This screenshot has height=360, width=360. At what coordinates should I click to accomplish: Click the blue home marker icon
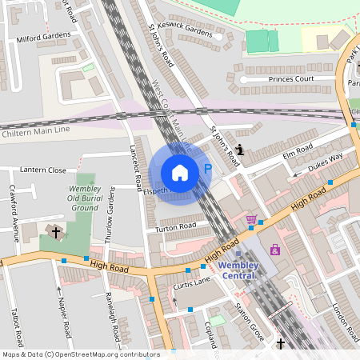point(180,172)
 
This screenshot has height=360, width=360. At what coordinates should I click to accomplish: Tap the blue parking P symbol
point(208,169)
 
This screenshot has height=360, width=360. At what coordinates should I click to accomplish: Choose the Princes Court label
point(282,79)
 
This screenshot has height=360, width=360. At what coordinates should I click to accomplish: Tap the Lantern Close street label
point(44,170)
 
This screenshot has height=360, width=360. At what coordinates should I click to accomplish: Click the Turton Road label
point(176,227)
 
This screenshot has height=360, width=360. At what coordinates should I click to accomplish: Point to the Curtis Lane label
point(192,282)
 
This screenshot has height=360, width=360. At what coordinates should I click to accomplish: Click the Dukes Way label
point(326,161)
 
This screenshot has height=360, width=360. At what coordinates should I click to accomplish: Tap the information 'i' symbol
point(239,149)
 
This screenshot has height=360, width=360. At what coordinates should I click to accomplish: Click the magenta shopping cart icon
point(251,219)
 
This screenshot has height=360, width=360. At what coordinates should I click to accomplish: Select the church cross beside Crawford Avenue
point(55,233)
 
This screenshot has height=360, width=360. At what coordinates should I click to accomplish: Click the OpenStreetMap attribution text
point(80,354)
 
